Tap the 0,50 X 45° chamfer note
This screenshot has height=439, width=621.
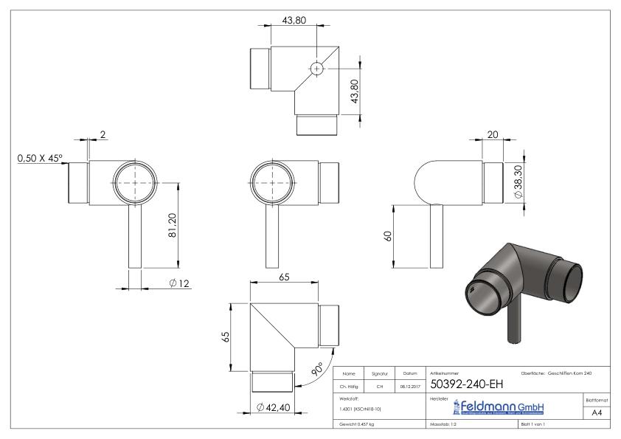click(x=40, y=156)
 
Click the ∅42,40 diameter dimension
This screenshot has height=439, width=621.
click(x=274, y=407)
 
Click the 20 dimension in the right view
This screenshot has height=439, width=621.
click(x=493, y=134)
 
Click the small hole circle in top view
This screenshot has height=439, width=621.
click(x=316, y=68)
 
